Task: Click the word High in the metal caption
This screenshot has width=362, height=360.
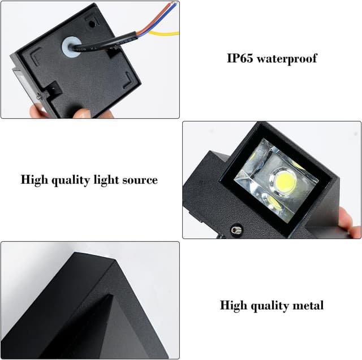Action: [233, 305]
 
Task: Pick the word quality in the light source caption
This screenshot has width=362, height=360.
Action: [71, 180]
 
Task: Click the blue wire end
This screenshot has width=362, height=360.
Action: [175, 5]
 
